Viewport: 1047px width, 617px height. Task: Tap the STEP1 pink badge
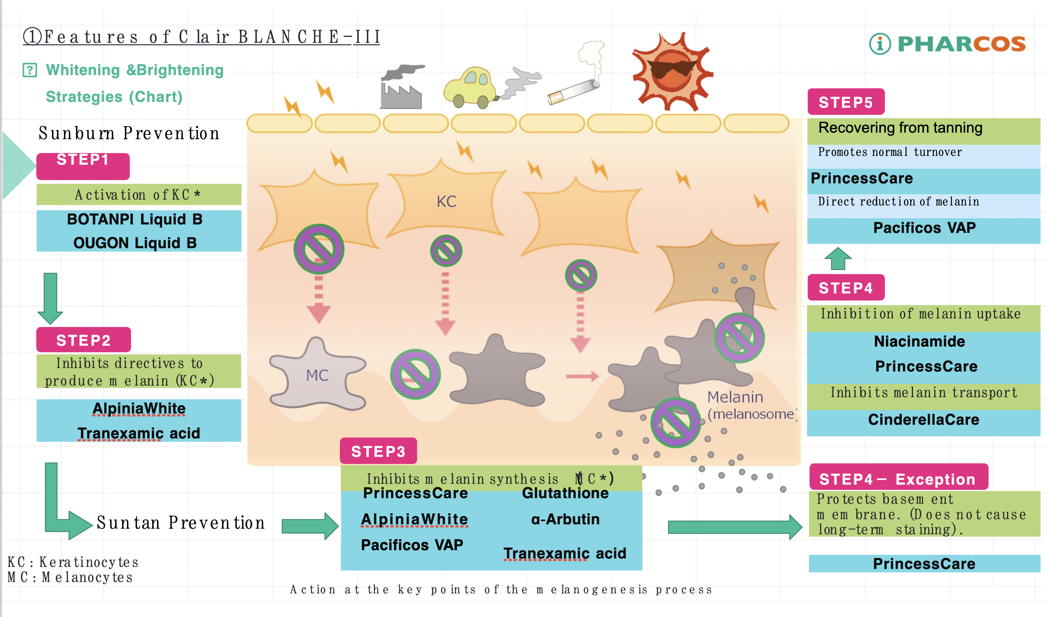click(83, 165)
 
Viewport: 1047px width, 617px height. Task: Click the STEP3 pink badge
click(378, 451)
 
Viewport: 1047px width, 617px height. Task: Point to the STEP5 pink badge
click(846, 102)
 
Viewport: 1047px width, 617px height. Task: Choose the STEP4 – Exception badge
click(898, 478)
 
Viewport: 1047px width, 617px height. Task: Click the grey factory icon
click(401, 88)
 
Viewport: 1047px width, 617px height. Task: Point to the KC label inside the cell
click(446, 202)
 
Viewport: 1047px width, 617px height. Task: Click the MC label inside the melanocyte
click(317, 375)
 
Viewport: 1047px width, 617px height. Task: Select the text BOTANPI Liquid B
click(135, 219)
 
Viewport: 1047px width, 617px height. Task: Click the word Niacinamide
click(919, 341)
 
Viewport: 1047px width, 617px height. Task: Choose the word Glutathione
click(565, 493)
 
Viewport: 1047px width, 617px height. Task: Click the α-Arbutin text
click(565, 519)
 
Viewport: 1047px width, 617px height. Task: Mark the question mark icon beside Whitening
click(30, 70)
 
